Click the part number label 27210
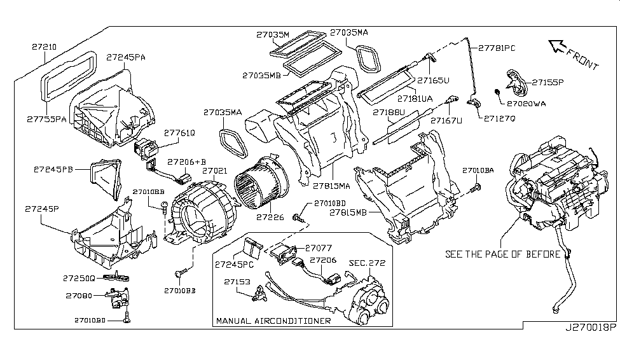[x=43, y=46]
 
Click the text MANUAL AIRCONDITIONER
[x=273, y=321]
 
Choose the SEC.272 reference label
[x=367, y=262]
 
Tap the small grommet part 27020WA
[x=497, y=94]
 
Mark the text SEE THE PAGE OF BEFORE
[x=502, y=254]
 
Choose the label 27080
[x=79, y=296]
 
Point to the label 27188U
[x=389, y=113]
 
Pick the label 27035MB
[x=261, y=75]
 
